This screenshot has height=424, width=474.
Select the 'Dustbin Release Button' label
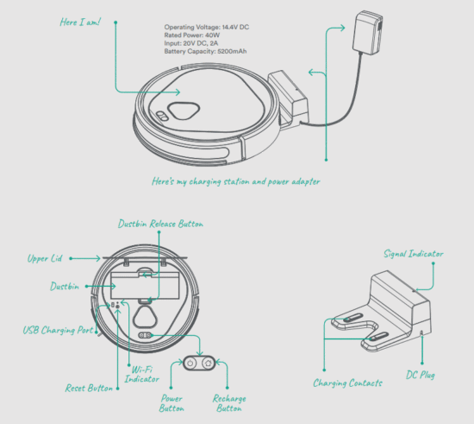[160, 225]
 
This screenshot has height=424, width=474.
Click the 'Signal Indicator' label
[415, 254]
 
